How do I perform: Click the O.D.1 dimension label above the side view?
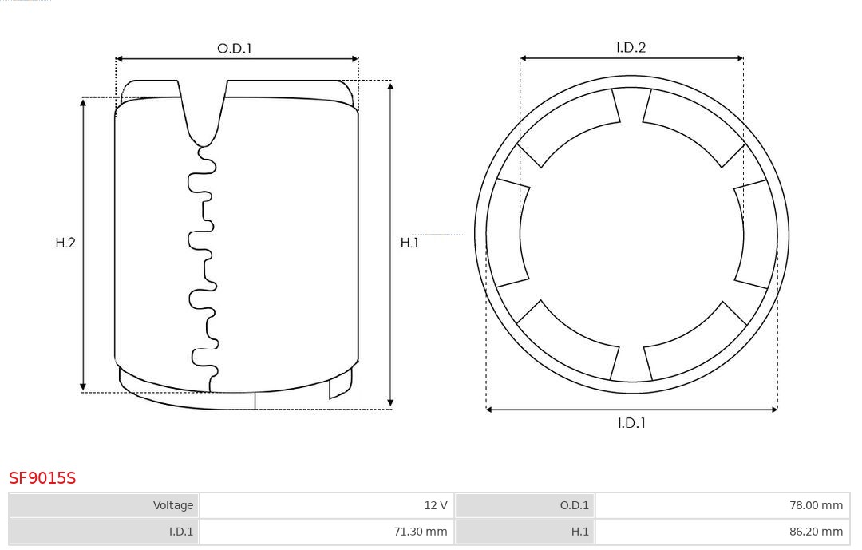click(x=234, y=49)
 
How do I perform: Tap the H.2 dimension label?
click(x=65, y=243)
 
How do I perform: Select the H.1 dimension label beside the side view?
click(x=409, y=243)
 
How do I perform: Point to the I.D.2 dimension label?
click(x=631, y=47)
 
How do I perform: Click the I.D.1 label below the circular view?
click(x=631, y=423)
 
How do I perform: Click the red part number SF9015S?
click(x=42, y=478)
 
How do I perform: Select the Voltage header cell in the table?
click(x=105, y=505)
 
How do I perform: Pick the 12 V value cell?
click(x=326, y=505)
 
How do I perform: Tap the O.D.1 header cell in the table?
click(x=525, y=505)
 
